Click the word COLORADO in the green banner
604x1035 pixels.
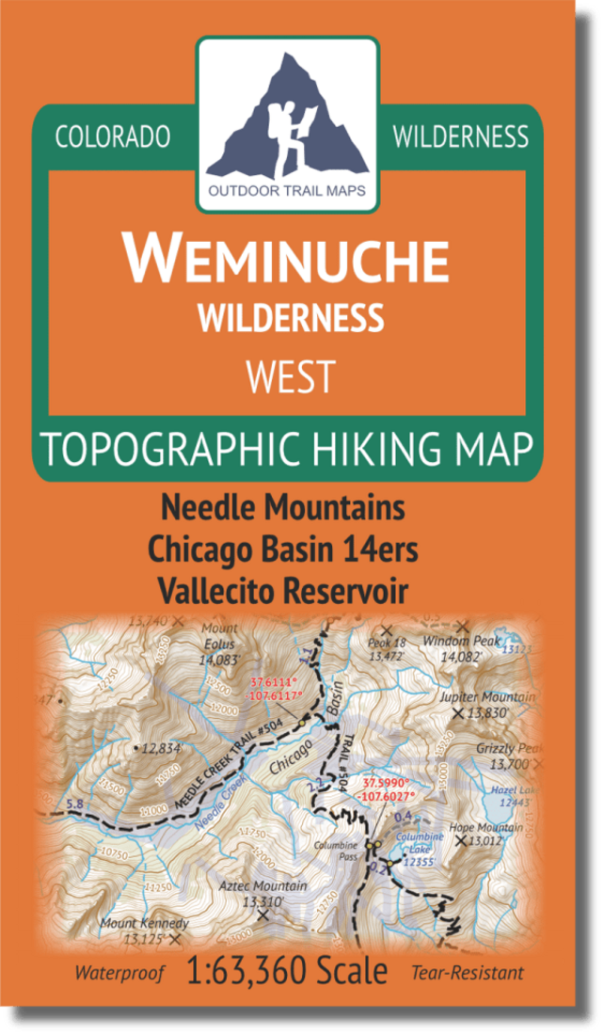(113, 137)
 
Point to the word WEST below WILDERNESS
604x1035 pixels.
(290, 376)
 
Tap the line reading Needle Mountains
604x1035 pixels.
(283, 509)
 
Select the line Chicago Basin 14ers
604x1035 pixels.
(284, 550)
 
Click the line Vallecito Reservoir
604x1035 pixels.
(282, 592)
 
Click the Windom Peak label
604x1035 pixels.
(460, 642)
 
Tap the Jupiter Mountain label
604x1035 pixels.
(486, 697)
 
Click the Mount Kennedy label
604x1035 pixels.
(144, 924)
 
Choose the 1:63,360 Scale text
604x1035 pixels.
(286, 970)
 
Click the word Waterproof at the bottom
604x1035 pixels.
(119, 973)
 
